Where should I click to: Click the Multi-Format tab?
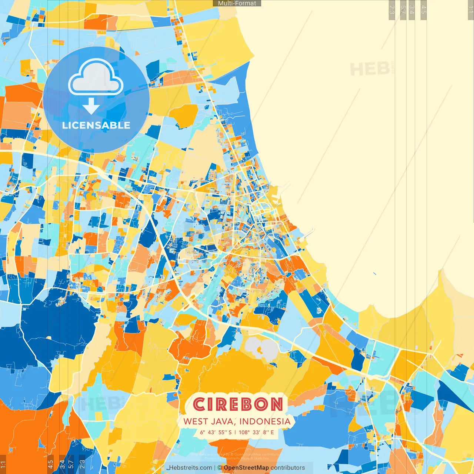(x=237, y=3)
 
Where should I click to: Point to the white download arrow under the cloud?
(x=91, y=106)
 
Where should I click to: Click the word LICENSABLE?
(x=96, y=126)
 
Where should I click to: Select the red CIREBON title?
(x=238, y=404)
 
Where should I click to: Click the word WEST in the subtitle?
(x=196, y=421)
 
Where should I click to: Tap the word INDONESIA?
(x=265, y=421)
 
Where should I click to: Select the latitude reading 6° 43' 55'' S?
(x=216, y=432)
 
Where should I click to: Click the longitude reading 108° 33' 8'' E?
(x=256, y=432)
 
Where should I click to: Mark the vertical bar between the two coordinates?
(x=235, y=432)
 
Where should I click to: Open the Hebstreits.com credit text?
(x=191, y=468)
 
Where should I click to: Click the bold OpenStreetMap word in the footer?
(x=246, y=468)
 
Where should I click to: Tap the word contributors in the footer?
(x=288, y=468)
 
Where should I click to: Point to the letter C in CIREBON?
(x=199, y=404)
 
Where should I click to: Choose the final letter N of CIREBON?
(x=276, y=404)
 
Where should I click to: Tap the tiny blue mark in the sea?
(x=375, y=274)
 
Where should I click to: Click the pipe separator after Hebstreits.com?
(x=215, y=468)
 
